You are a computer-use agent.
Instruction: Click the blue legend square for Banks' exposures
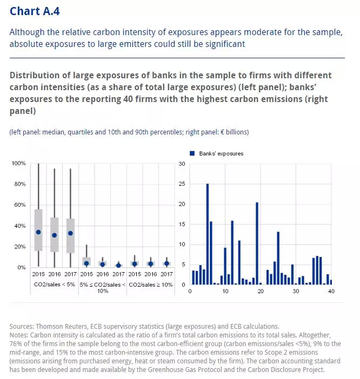point(191,153)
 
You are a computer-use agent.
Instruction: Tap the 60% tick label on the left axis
point(19,205)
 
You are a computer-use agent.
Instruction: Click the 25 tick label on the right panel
point(182,184)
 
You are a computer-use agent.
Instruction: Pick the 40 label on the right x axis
point(331,292)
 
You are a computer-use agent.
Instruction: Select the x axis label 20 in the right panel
point(260,292)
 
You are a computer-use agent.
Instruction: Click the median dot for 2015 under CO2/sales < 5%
point(38,232)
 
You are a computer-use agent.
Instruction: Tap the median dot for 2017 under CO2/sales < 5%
point(70,233)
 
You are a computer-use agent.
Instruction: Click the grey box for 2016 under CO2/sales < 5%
point(54,234)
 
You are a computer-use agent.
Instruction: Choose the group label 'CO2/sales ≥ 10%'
point(150,284)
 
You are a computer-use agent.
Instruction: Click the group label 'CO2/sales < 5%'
point(54,284)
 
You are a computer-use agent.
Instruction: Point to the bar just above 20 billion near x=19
point(257,243)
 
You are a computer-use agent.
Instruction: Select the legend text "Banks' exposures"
point(219,153)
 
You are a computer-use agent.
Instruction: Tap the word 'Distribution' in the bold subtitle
point(37,75)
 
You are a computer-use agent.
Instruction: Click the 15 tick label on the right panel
point(182,224)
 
